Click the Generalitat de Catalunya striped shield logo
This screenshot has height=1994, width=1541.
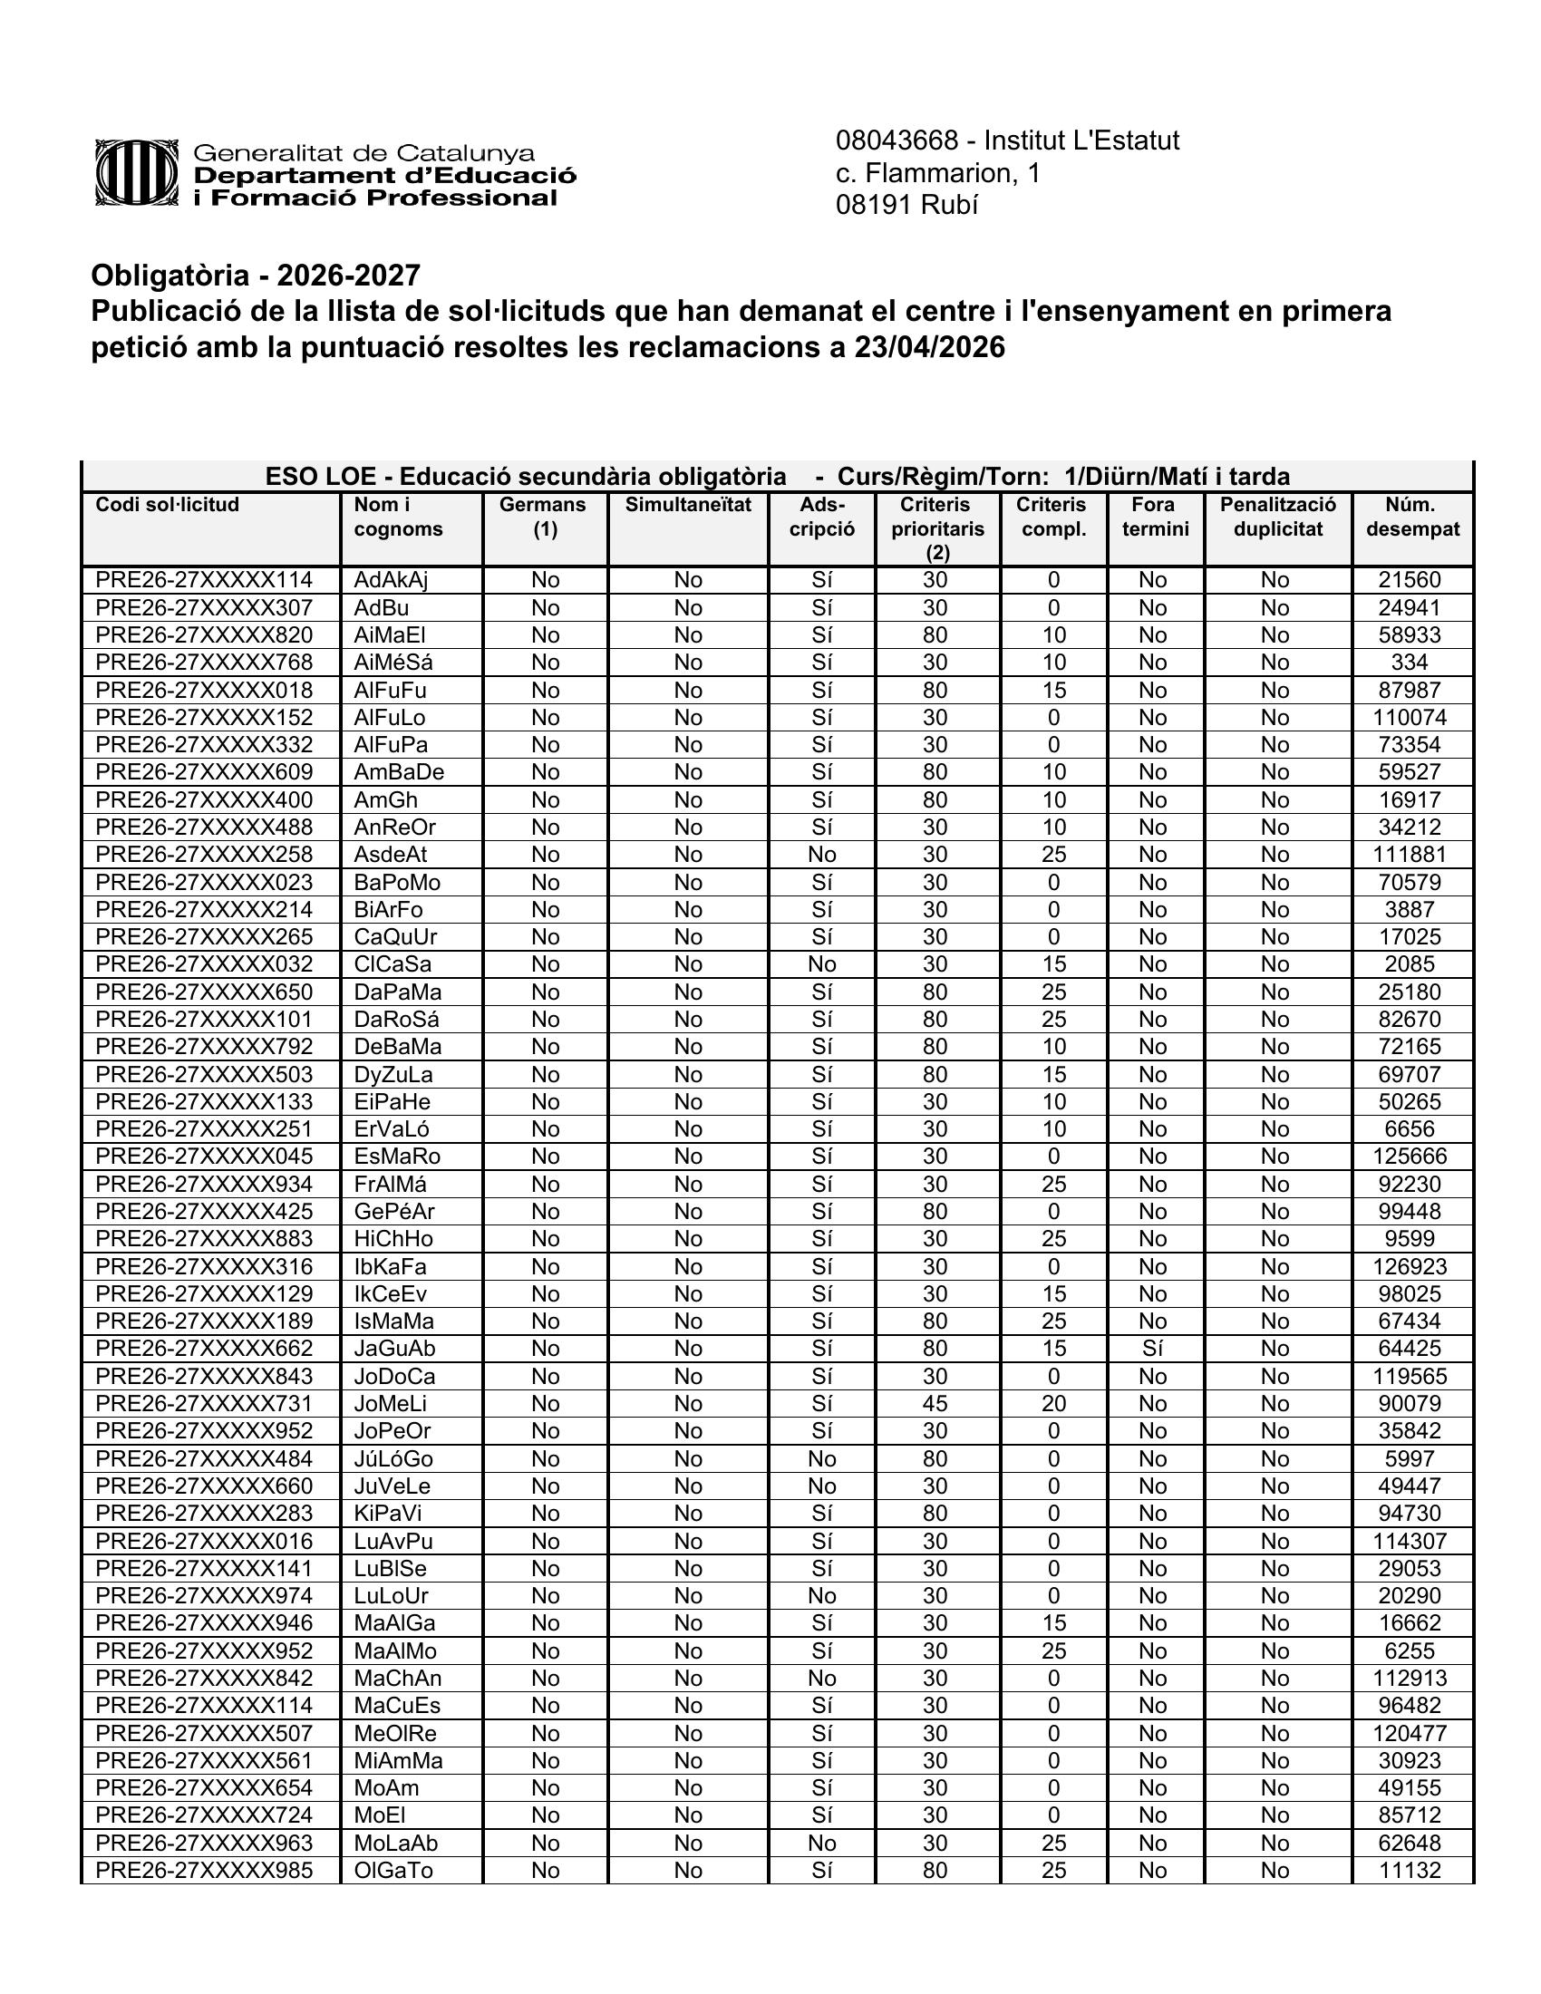(x=136, y=172)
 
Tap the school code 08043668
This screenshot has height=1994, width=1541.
(x=896, y=140)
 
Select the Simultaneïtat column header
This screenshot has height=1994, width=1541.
(x=687, y=505)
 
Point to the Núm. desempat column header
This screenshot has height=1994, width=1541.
(x=1411, y=517)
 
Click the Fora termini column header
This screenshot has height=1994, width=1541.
(x=1154, y=517)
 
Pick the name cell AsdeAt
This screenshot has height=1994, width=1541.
(x=391, y=855)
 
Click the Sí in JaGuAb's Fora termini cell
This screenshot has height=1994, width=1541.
(x=1152, y=1349)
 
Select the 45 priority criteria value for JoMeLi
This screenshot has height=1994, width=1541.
(x=935, y=1403)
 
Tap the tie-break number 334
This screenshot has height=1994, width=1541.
(x=1410, y=663)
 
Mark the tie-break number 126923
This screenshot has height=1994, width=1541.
(x=1410, y=1266)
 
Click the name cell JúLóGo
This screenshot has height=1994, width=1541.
(x=393, y=1458)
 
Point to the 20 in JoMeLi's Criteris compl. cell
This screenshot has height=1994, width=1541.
(x=1053, y=1403)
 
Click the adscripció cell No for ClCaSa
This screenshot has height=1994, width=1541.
(x=821, y=964)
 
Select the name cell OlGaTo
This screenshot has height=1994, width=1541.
(x=393, y=1870)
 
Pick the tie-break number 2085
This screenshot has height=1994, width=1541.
(x=1410, y=964)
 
